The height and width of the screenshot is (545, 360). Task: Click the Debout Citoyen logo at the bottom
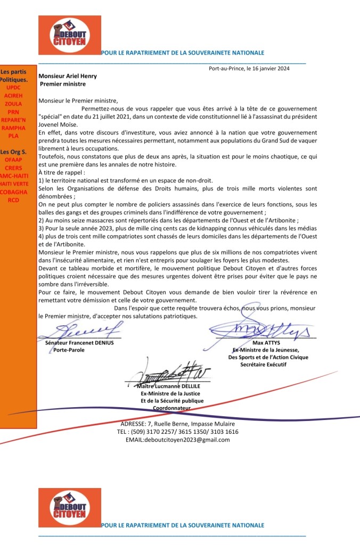[69, 507]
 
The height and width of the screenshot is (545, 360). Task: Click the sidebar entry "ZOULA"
[13, 104]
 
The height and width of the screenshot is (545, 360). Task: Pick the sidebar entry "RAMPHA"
[13, 128]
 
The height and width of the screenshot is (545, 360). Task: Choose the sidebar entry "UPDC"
[13, 88]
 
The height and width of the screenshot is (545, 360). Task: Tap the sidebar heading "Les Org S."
[14, 152]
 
